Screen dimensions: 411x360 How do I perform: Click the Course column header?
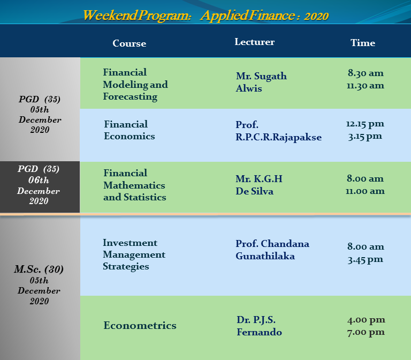129,43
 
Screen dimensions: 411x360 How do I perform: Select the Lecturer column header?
255,42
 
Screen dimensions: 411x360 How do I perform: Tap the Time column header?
363,43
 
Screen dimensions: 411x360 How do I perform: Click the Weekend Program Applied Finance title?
205,16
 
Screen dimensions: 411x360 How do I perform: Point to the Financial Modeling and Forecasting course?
135,85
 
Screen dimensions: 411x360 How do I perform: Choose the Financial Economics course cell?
129,130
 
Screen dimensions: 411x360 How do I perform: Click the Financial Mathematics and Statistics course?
135,185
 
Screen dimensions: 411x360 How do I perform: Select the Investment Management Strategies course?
134,254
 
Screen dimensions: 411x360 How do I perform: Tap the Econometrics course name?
140,325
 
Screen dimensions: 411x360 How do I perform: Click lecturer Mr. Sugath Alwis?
261,82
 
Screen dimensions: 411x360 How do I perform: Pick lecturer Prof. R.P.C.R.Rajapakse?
278,131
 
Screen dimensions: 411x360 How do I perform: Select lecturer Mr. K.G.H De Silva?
258,185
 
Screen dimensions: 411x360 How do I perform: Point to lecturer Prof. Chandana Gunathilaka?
272,250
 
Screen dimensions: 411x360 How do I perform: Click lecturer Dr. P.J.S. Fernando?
259,326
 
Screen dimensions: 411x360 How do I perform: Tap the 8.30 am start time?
366,73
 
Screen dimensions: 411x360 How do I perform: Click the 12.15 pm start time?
365,124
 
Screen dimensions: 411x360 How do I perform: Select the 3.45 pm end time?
365,260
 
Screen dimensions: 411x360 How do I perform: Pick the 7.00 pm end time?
366,333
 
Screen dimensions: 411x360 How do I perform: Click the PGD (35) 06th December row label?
39,185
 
